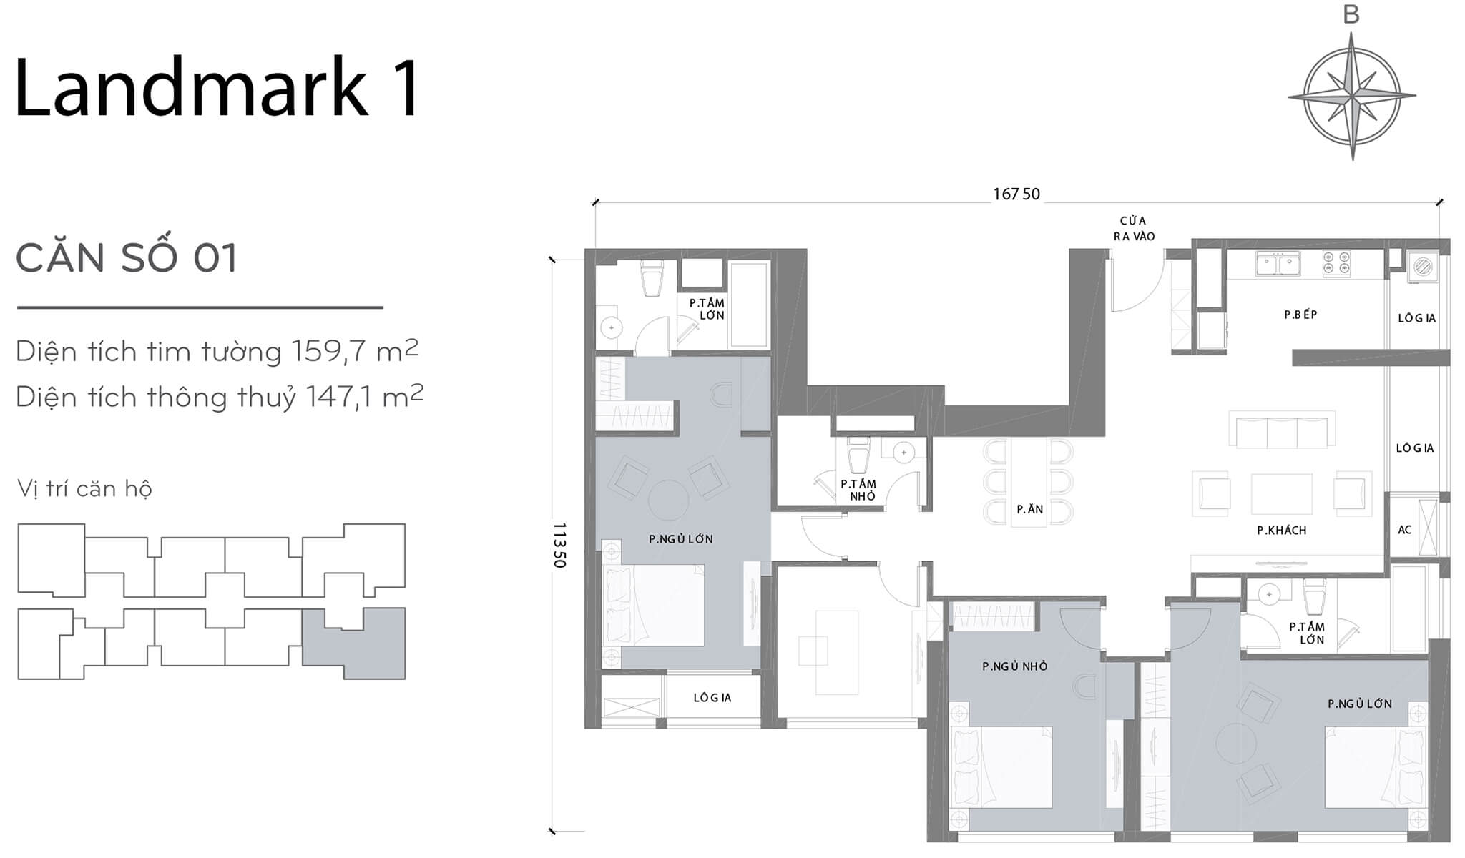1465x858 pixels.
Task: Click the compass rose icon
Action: click(x=1351, y=95)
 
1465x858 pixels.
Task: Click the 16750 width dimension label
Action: click(x=1016, y=194)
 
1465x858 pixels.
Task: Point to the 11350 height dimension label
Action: click(x=560, y=545)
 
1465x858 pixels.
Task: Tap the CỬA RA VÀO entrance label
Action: click(x=1134, y=228)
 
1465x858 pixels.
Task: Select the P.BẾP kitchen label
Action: click(x=1300, y=315)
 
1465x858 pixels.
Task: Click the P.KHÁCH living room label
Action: click(x=1282, y=531)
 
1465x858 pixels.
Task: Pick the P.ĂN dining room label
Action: click(x=1030, y=510)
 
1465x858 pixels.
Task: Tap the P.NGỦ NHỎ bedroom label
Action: click(x=1014, y=666)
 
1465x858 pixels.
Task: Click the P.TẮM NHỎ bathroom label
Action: click(x=858, y=490)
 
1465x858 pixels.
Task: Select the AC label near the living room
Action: click(x=1405, y=530)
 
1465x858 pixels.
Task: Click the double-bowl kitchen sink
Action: click(x=1278, y=264)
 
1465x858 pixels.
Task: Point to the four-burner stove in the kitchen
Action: click(x=1336, y=264)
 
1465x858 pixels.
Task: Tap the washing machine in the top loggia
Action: click(x=1423, y=267)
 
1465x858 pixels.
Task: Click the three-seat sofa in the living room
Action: click(x=1282, y=431)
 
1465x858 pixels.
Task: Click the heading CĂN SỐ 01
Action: click(x=126, y=259)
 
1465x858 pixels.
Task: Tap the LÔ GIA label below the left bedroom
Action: click(x=712, y=698)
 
